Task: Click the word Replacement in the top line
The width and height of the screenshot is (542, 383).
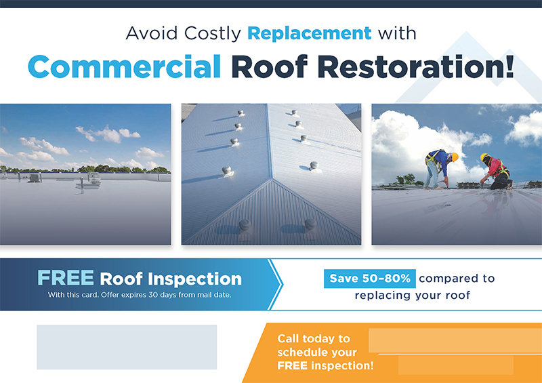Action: point(309,33)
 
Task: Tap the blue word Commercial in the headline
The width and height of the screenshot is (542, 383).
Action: point(125,66)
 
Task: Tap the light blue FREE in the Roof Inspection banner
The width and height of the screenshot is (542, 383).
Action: point(66,278)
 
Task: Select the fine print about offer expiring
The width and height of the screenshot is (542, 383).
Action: point(140,295)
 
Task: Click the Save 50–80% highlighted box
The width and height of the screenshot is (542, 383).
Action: point(370,278)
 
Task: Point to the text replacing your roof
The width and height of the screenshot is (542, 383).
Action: point(412,296)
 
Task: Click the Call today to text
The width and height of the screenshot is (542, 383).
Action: point(314,338)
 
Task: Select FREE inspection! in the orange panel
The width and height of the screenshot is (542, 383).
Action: point(325,365)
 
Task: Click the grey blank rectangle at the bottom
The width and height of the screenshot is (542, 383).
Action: point(127,347)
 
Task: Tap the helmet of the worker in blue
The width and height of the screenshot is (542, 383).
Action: point(455,157)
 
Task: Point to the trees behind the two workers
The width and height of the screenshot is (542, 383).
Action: point(406,180)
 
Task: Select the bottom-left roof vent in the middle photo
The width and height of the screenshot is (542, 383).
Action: point(245,224)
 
